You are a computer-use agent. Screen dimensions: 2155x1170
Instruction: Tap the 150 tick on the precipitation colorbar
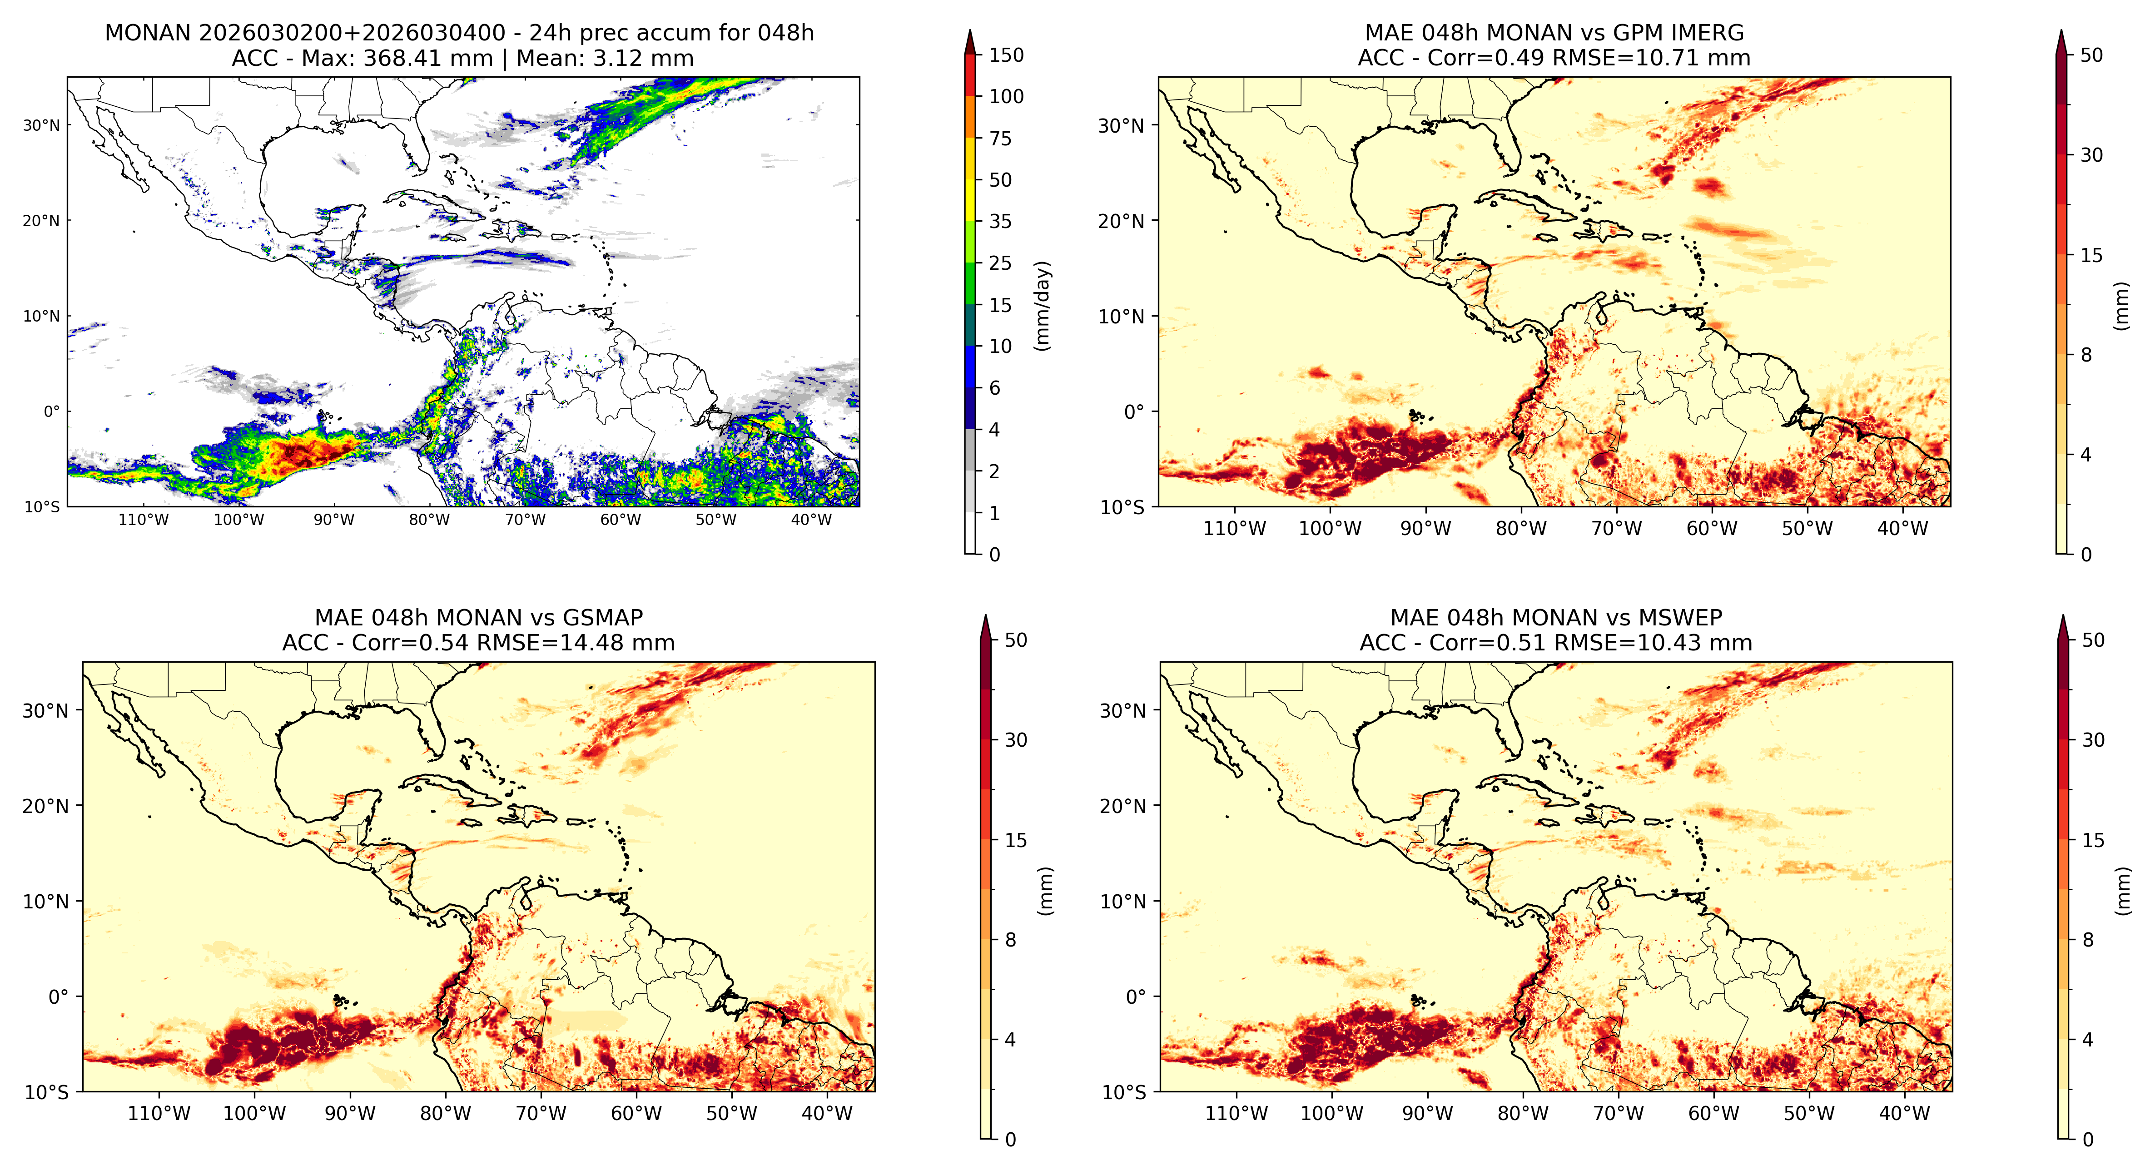pyautogui.click(x=1006, y=55)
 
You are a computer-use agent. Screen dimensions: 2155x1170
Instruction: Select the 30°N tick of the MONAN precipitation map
pyautogui.click(x=42, y=125)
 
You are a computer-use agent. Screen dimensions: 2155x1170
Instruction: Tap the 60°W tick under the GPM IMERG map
pyautogui.click(x=1712, y=529)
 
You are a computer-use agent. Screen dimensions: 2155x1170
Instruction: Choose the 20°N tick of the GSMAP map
pyautogui.click(x=46, y=806)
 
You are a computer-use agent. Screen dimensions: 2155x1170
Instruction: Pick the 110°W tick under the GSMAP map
pyautogui.click(x=159, y=1114)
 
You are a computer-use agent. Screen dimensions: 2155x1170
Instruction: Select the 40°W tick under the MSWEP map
pyautogui.click(x=1904, y=1114)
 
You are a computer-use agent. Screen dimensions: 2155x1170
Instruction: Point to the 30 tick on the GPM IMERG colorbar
pyautogui.click(x=2091, y=155)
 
